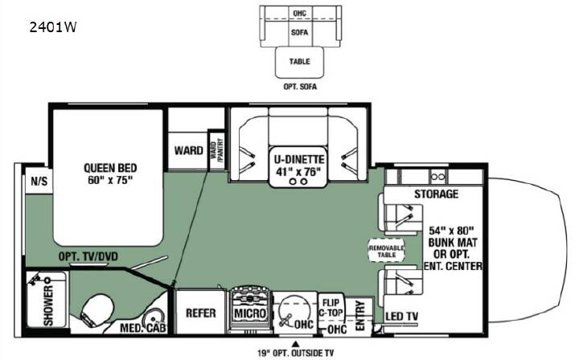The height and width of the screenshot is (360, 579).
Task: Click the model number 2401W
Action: point(53,27)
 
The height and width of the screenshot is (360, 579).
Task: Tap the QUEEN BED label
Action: point(110,168)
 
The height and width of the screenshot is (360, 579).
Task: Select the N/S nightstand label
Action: point(39,181)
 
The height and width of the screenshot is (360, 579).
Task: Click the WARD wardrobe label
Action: point(189,150)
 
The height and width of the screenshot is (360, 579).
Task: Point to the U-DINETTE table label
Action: point(299,160)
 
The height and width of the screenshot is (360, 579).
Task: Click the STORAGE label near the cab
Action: point(436,194)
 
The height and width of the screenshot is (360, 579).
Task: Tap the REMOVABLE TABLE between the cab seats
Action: point(387,252)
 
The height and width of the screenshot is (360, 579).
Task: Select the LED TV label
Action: point(402,317)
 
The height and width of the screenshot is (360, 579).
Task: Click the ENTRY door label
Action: point(359,315)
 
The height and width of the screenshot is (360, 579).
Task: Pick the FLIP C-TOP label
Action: point(331,308)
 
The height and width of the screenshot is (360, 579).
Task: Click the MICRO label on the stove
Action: point(250,313)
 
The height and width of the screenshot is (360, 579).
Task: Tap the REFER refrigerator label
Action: point(200,313)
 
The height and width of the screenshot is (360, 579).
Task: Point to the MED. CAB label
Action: point(143,328)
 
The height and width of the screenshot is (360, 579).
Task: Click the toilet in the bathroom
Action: point(96,310)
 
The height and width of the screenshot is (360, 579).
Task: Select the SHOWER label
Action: point(48,306)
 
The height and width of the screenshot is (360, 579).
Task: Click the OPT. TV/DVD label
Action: point(88,256)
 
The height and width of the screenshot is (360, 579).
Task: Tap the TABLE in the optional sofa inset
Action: point(299,61)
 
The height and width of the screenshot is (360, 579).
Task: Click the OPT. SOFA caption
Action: point(300,87)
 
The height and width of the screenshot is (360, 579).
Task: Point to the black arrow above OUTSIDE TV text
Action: point(295,344)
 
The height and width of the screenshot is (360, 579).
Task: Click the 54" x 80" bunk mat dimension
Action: point(451,231)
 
